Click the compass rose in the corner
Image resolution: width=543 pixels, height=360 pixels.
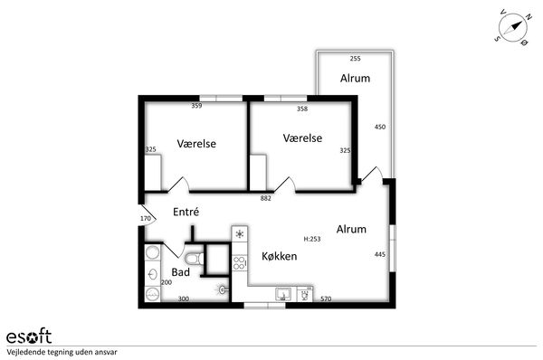(x=512, y=28)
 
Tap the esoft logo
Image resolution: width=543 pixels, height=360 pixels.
(x=29, y=336)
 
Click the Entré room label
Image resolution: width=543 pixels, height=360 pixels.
(x=186, y=212)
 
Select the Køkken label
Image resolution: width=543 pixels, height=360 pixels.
(x=279, y=256)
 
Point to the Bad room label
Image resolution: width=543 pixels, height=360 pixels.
(x=180, y=272)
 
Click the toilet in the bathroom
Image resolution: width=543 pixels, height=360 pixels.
(x=195, y=258)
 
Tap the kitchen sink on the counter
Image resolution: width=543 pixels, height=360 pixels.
(x=283, y=294)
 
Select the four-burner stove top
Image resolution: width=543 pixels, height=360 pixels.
(x=239, y=262)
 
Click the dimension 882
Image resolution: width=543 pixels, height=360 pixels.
(x=265, y=198)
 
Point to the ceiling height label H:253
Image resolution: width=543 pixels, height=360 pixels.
(x=312, y=239)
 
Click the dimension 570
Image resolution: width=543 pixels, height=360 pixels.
(x=326, y=298)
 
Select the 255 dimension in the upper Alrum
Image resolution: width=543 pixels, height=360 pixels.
(x=356, y=59)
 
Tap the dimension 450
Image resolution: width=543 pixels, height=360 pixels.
(x=380, y=127)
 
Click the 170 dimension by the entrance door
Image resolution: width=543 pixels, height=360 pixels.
(x=146, y=218)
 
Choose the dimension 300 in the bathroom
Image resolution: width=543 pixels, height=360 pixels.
(x=183, y=298)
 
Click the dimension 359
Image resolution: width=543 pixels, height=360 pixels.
(x=196, y=106)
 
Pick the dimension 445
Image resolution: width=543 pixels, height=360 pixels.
(x=380, y=254)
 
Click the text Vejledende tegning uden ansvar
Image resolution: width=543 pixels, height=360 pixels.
(x=62, y=353)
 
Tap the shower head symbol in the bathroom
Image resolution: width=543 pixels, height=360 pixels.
(x=223, y=289)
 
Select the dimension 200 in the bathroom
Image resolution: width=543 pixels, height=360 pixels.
(x=167, y=282)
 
